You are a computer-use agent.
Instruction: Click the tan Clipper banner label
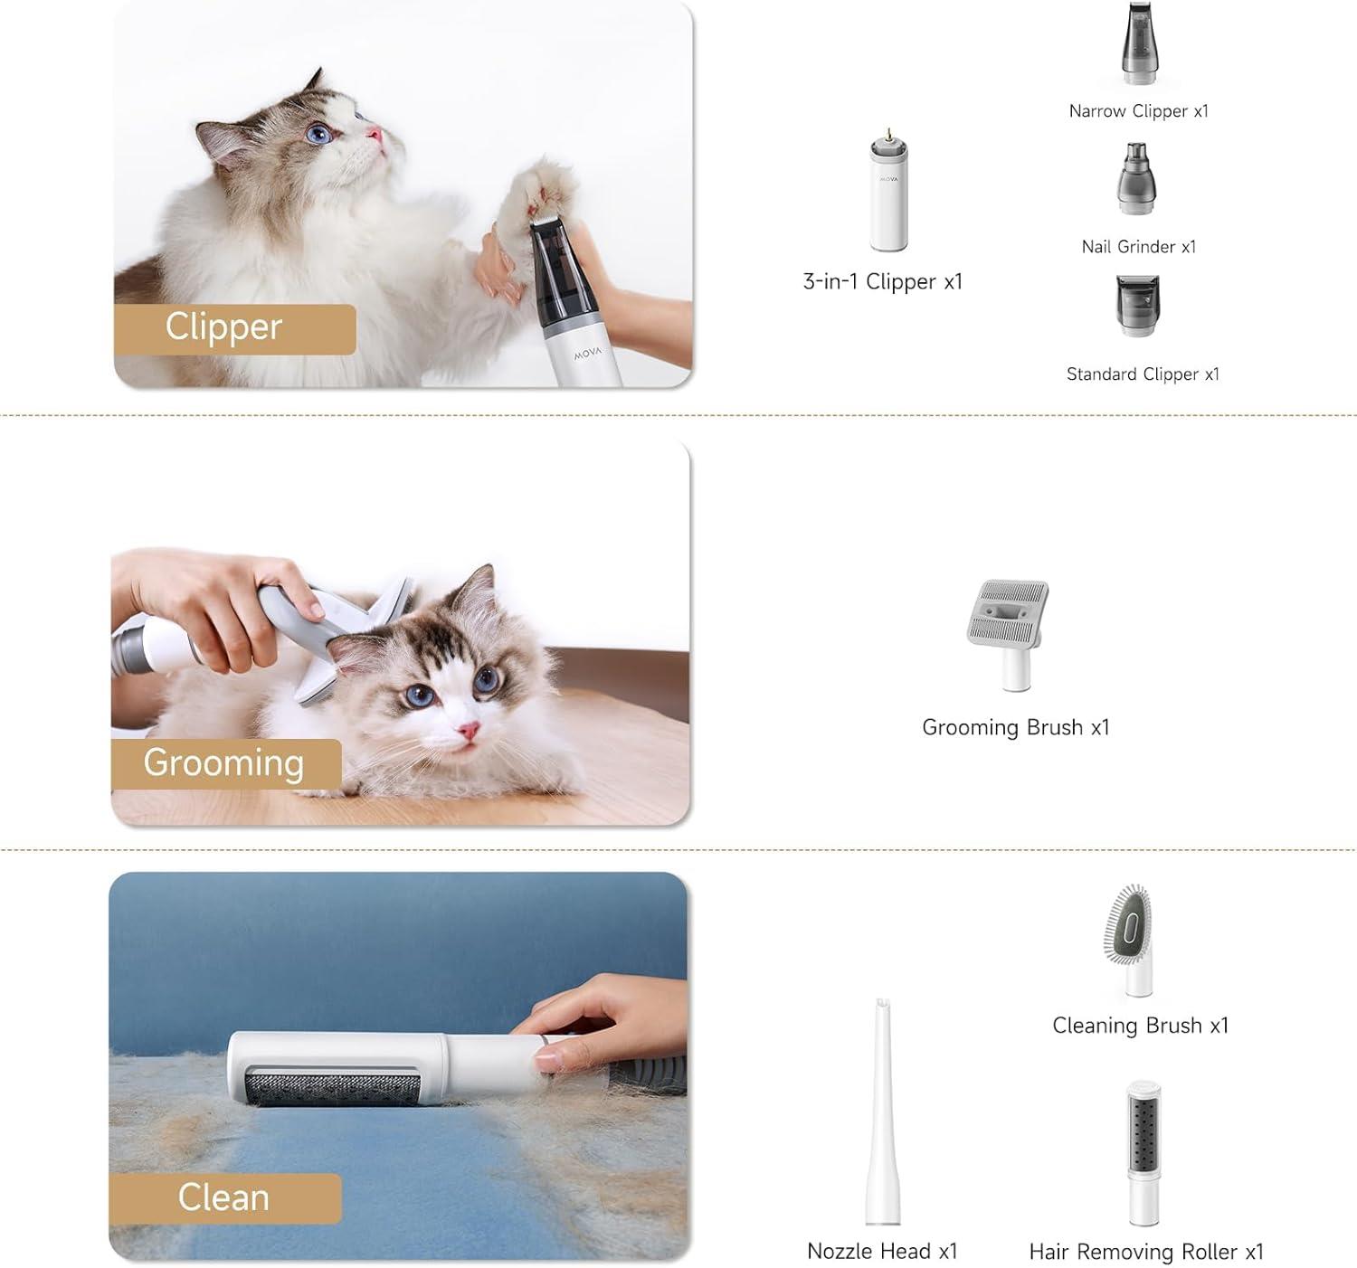233,328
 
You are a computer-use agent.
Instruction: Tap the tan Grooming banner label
225,763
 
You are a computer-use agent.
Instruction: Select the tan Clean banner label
224,1197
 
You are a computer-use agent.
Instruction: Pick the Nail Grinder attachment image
1136,179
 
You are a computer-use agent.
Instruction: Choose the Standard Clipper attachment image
1137,306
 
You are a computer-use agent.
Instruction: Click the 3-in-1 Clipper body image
888,193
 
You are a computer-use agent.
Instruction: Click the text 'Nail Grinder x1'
1138,247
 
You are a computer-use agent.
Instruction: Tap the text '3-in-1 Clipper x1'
882,282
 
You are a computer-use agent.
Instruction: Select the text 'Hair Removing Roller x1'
1145,1252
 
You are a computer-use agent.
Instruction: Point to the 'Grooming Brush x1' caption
1015,728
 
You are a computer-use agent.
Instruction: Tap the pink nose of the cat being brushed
468,730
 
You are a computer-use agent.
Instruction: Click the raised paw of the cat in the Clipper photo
544,190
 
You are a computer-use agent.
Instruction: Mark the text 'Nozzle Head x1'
881,1252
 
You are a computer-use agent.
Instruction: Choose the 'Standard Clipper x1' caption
1142,374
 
